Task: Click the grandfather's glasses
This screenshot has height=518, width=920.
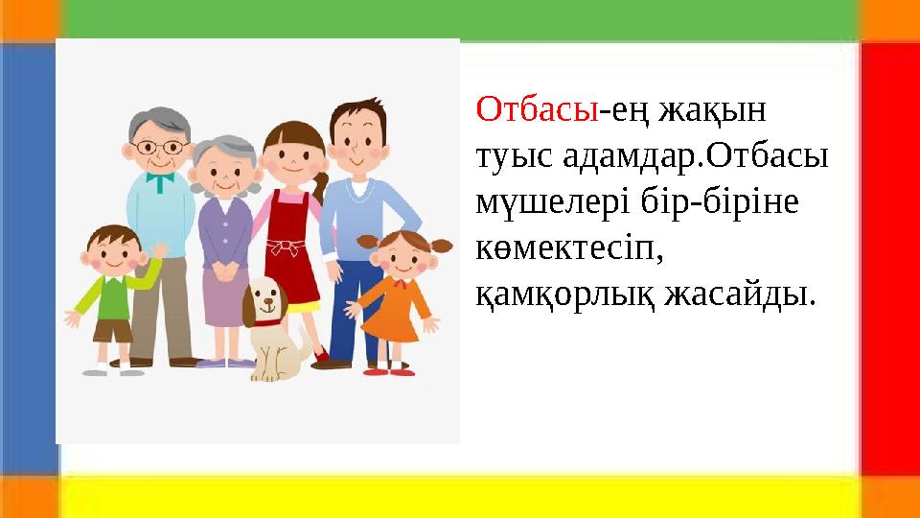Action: (160, 148)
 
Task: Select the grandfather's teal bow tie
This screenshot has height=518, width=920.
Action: (160, 177)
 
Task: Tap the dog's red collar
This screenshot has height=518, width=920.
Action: (268, 321)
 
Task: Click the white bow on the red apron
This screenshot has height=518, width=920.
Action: (284, 247)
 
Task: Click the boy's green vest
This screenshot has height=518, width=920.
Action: (113, 297)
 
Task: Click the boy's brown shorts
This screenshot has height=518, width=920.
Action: (112, 331)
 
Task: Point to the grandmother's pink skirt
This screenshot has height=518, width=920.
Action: (225, 297)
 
